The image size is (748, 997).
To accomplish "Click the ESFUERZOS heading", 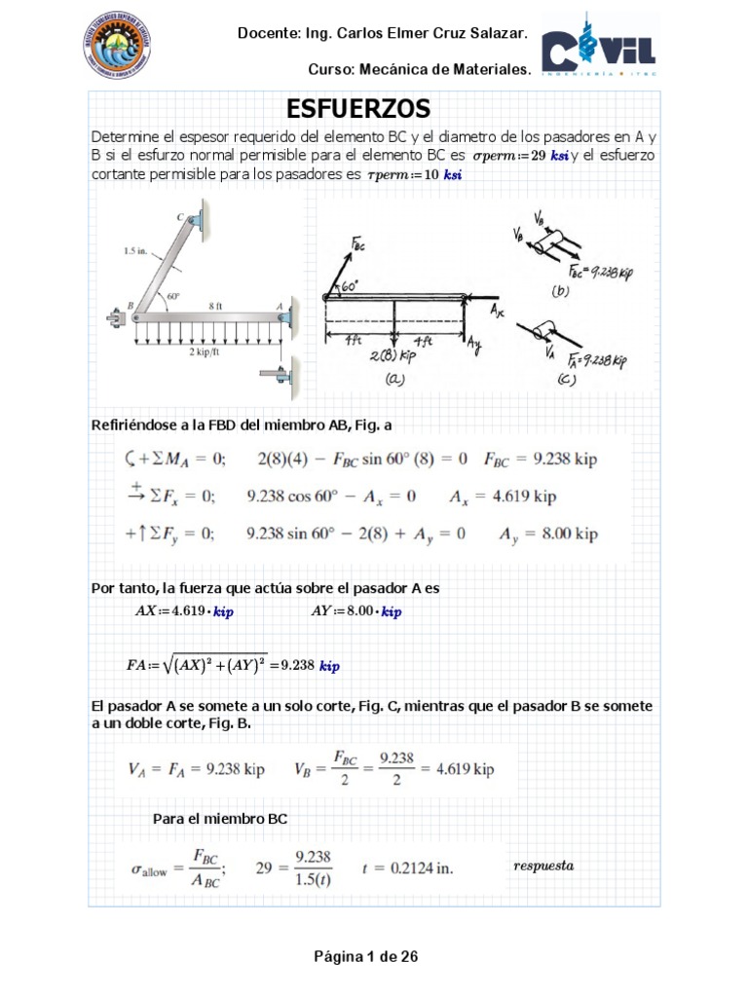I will click(x=358, y=107).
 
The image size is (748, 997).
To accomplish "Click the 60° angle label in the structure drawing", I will click(x=174, y=296).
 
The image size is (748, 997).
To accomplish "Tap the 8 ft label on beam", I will click(x=214, y=305).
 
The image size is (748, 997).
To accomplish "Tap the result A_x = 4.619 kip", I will click(x=503, y=497).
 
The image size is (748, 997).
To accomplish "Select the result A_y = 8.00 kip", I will click(x=548, y=534).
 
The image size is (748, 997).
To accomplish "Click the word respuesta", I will click(x=542, y=865).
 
